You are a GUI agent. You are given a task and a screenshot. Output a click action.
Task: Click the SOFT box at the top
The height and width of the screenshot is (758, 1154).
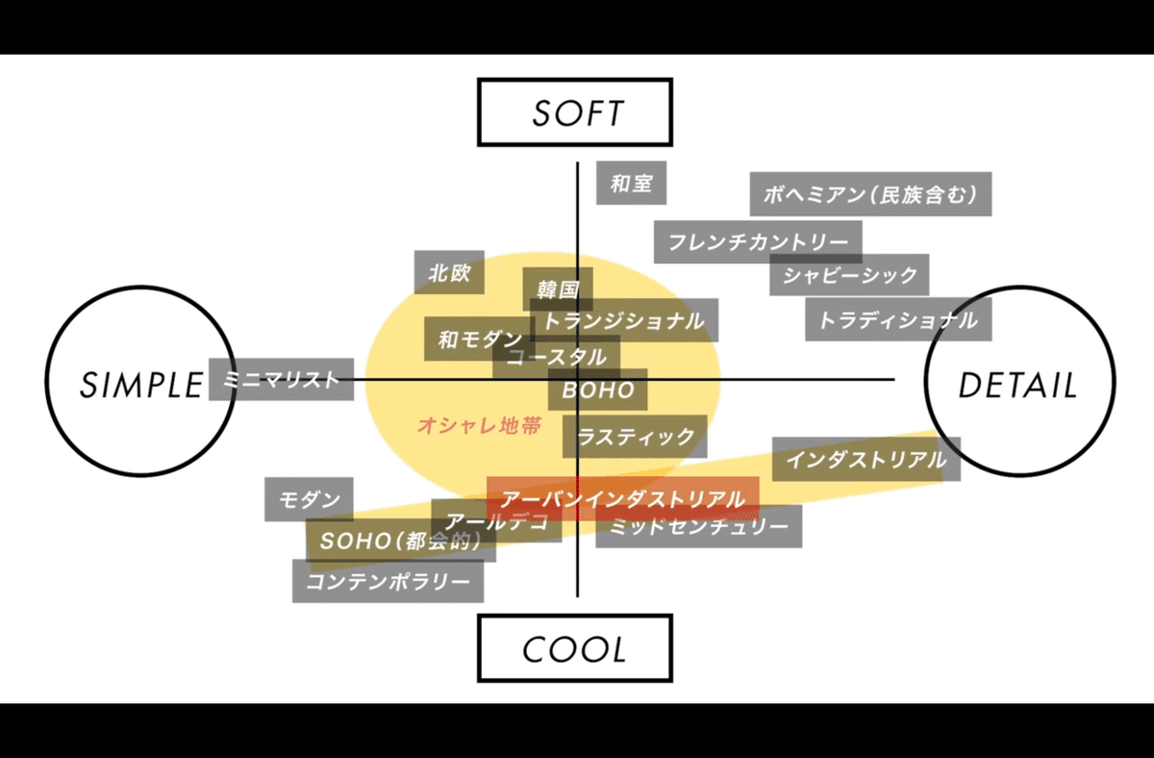coord(575,112)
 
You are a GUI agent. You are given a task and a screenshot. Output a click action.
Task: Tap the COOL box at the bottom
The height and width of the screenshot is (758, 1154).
coord(575,648)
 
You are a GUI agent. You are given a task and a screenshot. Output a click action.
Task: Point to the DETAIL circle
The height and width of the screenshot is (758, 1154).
coord(1019,385)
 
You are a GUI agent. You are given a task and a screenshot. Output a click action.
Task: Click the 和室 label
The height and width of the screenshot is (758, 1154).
coord(632,182)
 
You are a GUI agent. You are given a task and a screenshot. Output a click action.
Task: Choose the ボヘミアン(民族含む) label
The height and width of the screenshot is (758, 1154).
coord(870,194)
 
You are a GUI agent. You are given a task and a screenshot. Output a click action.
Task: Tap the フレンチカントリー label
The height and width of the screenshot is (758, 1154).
coord(758,241)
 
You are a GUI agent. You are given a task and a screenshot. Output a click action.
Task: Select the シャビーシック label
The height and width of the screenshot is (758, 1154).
coord(849,276)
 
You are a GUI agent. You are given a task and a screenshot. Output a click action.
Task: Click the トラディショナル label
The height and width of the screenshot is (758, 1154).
coord(897,319)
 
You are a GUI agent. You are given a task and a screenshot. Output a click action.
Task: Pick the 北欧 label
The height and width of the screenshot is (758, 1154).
coord(449,272)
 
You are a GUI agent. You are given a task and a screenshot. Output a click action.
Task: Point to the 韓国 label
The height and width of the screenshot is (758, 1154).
coord(558,288)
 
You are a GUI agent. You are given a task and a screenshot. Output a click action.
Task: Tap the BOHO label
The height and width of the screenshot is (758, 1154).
coord(598,390)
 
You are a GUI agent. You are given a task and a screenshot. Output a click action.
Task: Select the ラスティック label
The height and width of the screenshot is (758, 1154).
coord(635,436)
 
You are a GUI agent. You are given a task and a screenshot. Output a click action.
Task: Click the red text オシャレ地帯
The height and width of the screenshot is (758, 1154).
coord(479,424)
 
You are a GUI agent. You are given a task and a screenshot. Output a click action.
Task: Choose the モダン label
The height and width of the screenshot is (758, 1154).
coord(309,499)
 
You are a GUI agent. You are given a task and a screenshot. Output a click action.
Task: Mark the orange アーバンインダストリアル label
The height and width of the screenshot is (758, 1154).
coord(623,498)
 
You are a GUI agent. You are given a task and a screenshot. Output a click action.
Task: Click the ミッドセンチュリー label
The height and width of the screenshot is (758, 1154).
coord(698,526)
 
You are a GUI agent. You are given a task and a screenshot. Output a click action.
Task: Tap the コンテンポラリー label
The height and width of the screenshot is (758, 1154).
coord(388,581)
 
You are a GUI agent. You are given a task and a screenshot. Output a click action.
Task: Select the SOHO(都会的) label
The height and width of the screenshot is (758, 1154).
coord(400,541)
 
